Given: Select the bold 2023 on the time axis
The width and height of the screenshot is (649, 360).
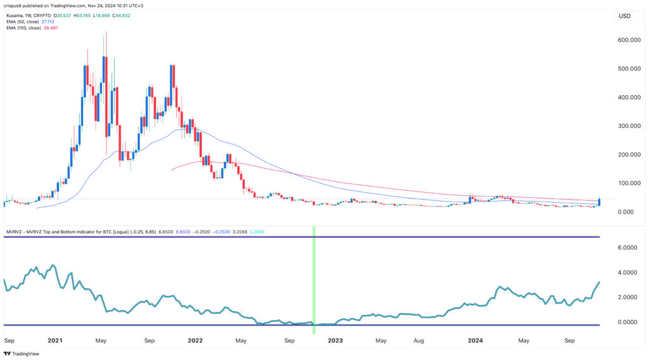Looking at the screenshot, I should click(x=335, y=340).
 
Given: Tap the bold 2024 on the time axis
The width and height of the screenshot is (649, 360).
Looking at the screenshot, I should click(x=475, y=340).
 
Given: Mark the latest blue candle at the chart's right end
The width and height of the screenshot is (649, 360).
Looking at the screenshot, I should click(x=599, y=203).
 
